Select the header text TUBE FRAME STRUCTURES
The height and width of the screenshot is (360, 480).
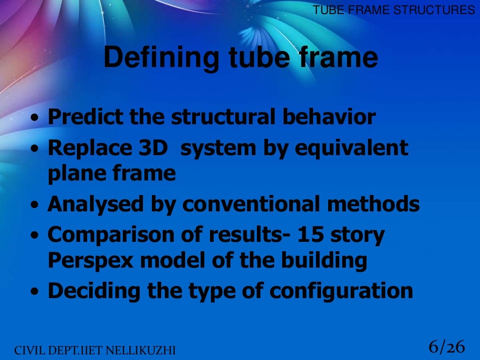(394, 10)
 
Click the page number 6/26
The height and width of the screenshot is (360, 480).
(446, 347)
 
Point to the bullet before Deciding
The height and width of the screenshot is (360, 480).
(36, 292)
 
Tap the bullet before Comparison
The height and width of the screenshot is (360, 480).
(36, 236)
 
